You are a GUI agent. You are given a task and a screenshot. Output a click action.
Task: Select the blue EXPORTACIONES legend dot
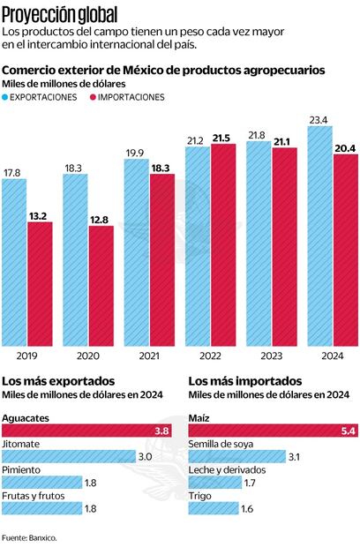[x=7, y=97]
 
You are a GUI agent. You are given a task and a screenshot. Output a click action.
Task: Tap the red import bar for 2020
[x=101, y=286]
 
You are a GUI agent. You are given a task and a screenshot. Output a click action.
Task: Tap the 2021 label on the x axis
[x=137, y=356]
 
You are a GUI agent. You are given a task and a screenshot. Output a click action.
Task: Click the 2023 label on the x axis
[x=259, y=356]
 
